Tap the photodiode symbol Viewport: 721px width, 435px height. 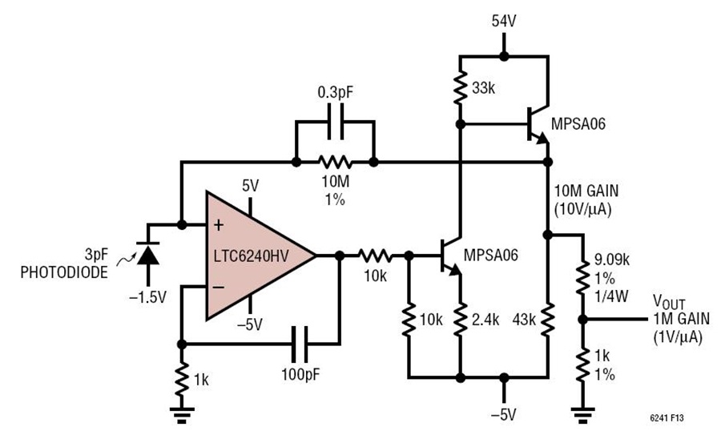[147, 254]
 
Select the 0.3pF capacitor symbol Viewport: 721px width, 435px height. [335, 122]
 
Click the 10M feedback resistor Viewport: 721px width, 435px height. [335, 162]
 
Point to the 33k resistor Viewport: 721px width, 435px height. [459, 88]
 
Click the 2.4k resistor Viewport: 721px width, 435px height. [460, 319]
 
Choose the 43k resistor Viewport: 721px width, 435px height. [548, 319]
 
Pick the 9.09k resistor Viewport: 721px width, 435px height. [582, 278]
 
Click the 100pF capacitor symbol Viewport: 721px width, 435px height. [300, 344]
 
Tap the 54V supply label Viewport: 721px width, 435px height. [504, 21]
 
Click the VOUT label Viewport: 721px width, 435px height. [669, 302]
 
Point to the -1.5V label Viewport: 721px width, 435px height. [147, 297]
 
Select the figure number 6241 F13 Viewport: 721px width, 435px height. [667, 418]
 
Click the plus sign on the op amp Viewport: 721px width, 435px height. [219, 225]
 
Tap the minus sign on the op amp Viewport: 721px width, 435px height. [219, 288]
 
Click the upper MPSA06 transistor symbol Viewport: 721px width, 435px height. [537, 124]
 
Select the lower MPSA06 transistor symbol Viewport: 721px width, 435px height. [449, 256]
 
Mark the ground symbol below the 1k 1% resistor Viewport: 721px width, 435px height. [582, 413]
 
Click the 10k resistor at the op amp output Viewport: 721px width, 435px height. [375, 256]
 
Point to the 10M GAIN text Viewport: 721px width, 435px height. [586, 191]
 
